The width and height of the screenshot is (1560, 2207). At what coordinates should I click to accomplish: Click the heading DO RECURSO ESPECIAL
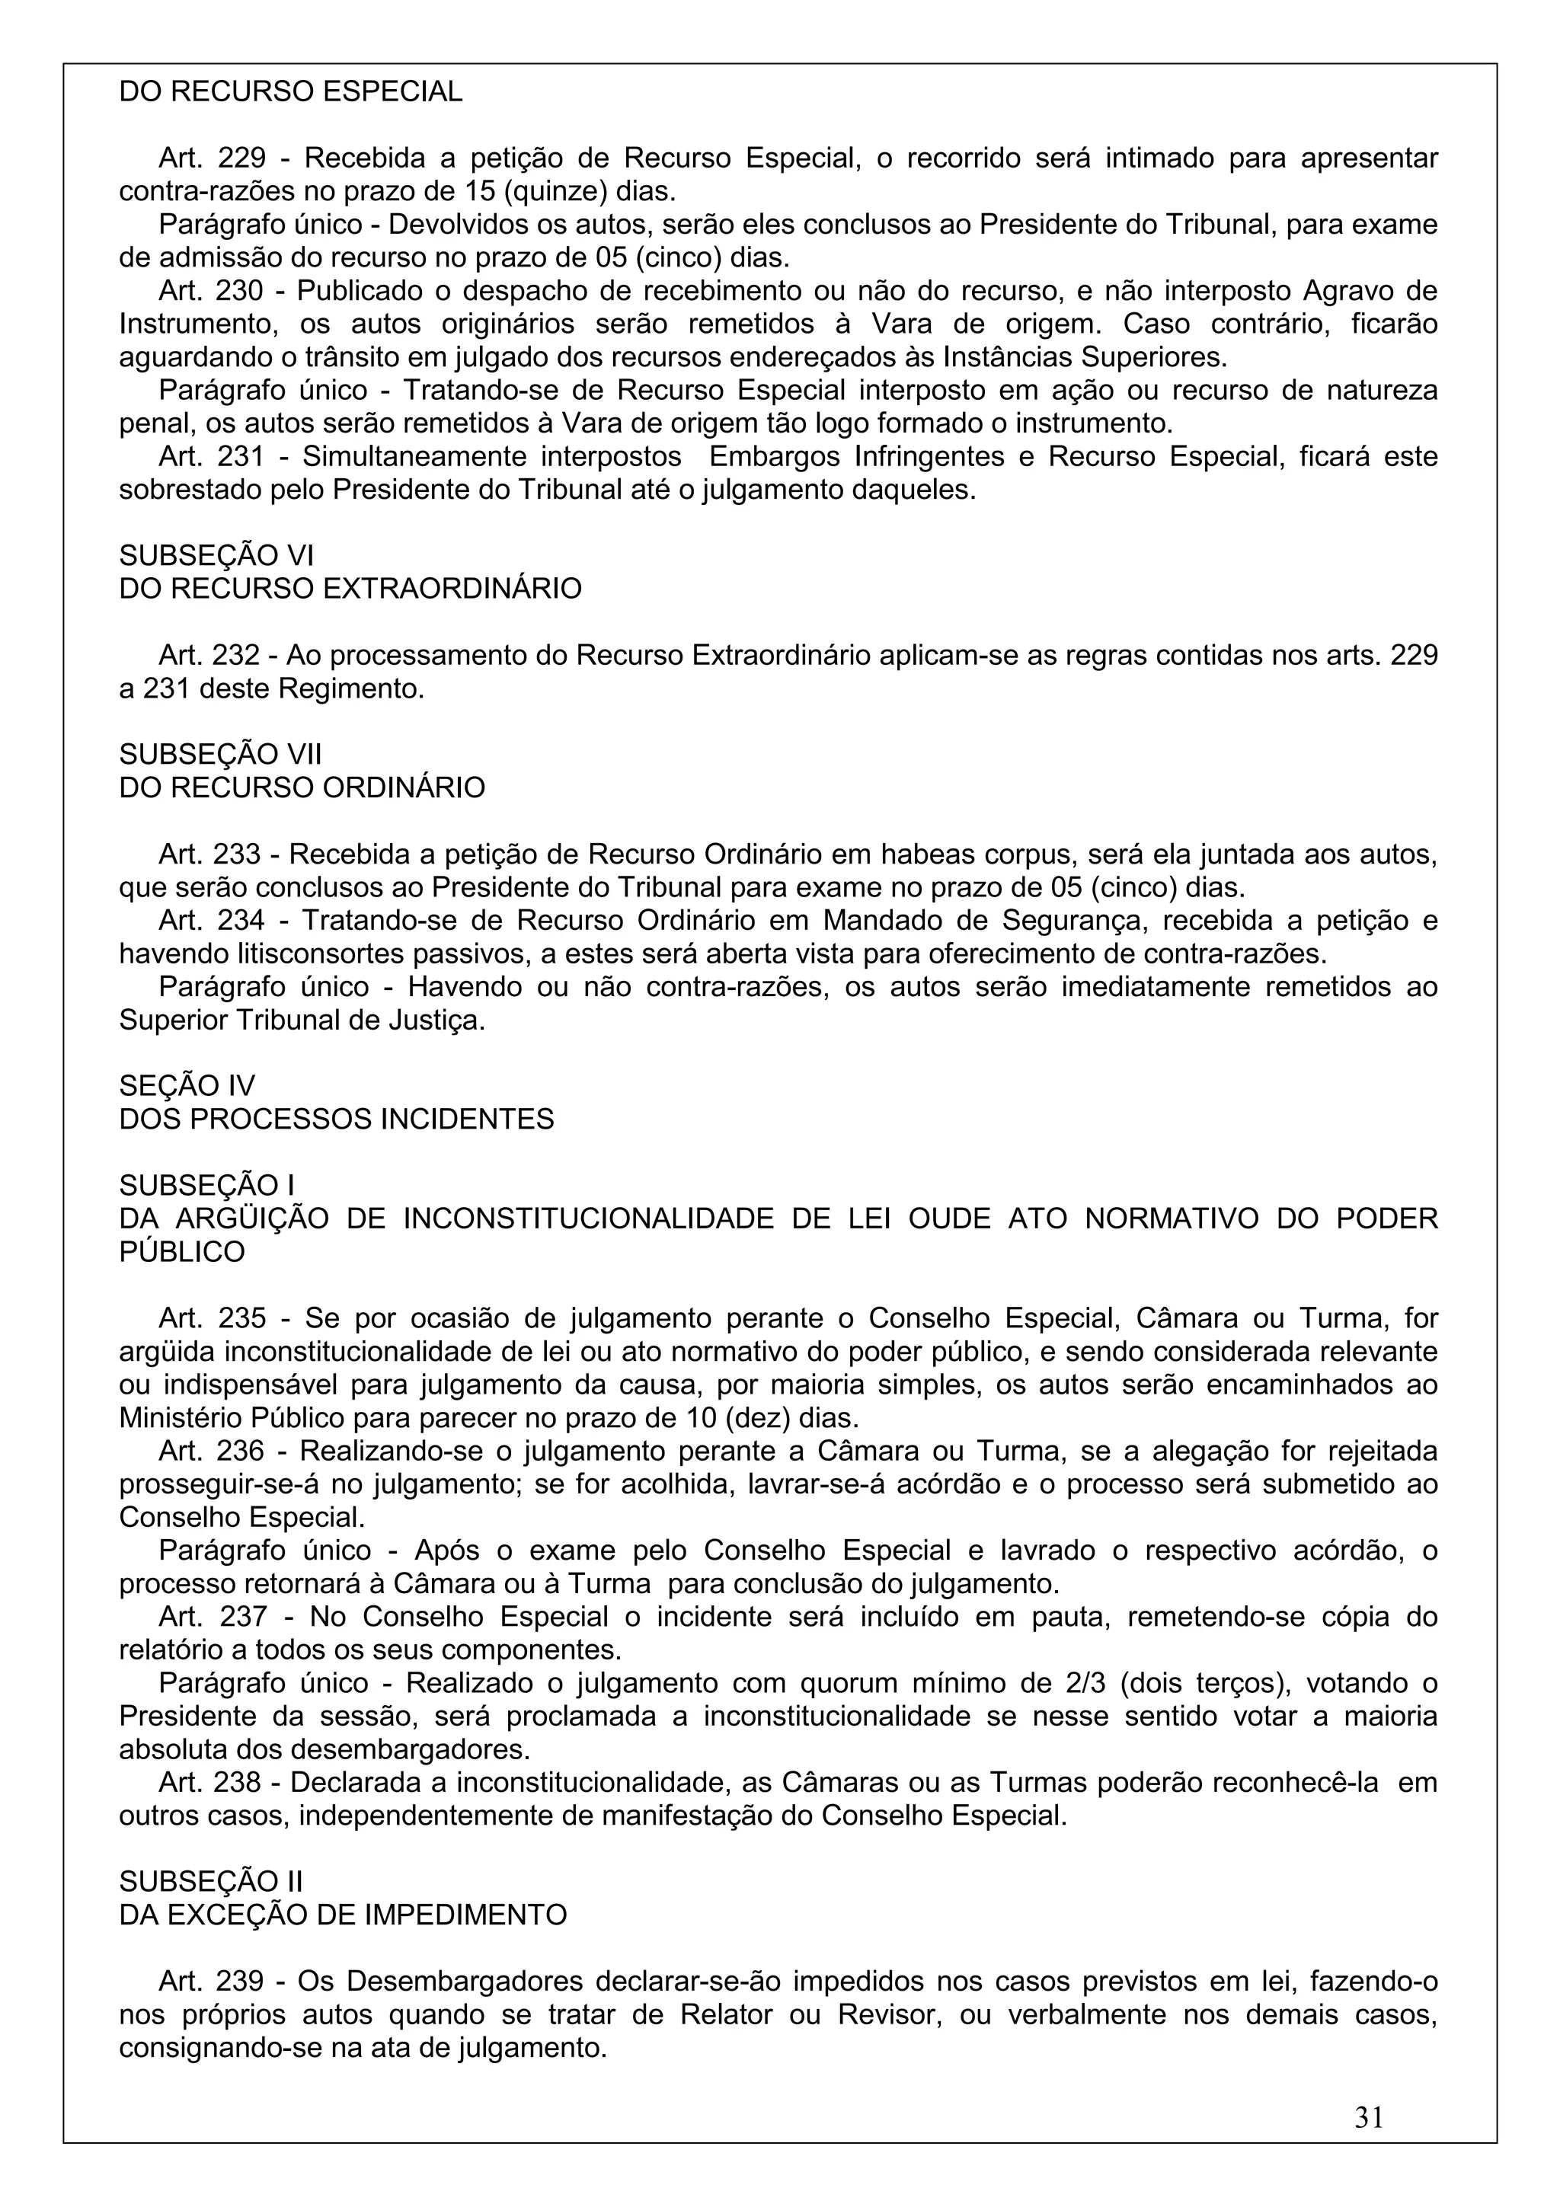[x=290, y=92]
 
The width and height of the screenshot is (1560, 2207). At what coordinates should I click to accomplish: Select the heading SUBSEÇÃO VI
[x=216, y=556]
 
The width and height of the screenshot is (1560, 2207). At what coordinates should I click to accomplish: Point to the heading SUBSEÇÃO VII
[x=220, y=755]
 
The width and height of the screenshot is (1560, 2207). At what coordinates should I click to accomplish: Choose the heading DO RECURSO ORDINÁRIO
[x=302, y=787]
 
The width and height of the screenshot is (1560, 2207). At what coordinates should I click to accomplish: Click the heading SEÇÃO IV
[x=187, y=1085]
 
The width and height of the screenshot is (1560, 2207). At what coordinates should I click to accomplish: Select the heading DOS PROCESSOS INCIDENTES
[x=337, y=1119]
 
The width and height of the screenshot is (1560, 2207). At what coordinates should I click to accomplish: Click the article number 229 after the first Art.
[x=242, y=158]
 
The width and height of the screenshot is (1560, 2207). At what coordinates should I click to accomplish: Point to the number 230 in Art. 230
[x=242, y=290]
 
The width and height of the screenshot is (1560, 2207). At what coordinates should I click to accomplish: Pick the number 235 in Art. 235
[x=242, y=1317]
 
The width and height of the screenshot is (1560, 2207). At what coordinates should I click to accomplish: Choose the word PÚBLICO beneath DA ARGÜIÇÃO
[x=181, y=1251]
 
